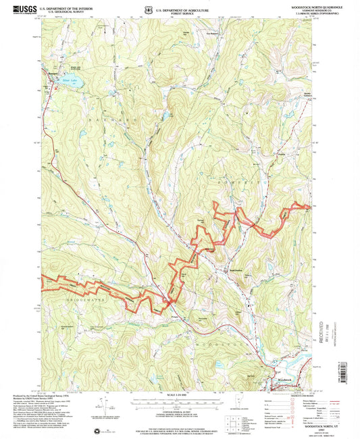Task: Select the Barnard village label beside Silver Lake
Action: click(50, 69)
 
